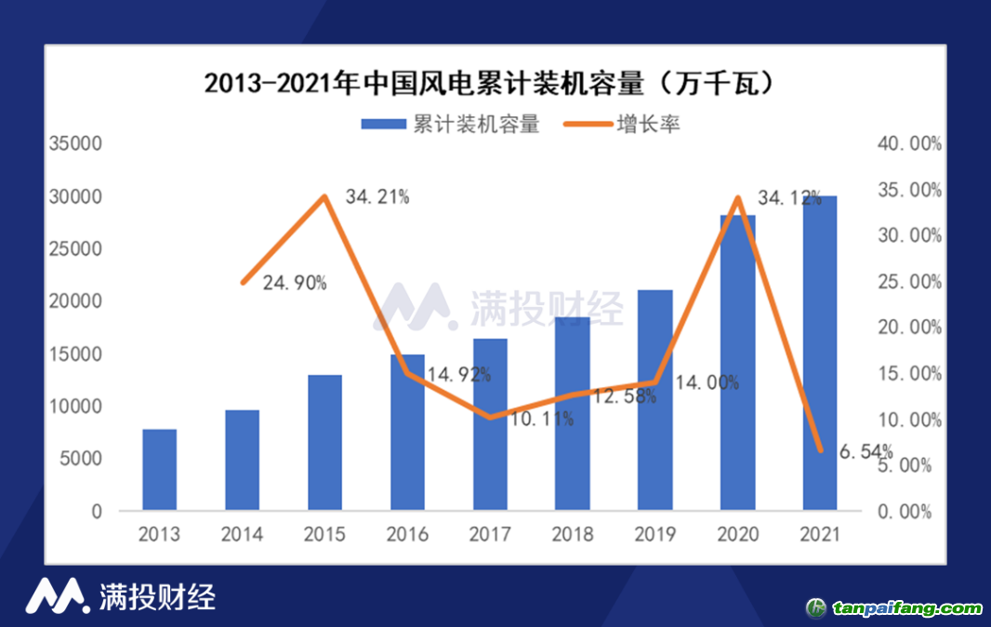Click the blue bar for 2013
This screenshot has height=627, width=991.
tap(160, 469)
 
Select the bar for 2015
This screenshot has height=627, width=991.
tap(324, 442)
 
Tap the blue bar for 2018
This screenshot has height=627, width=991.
tap(572, 413)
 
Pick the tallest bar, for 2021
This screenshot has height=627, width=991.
tap(819, 353)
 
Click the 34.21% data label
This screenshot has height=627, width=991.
tap(377, 197)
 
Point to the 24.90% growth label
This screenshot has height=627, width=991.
tap(295, 284)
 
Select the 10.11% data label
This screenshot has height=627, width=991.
tap(542, 420)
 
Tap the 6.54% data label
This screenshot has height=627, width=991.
tap(865, 452)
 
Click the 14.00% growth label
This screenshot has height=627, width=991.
tap(707, 382)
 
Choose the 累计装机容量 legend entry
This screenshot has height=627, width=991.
tap(450, 124)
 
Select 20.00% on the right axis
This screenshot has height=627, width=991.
tap(909, 327)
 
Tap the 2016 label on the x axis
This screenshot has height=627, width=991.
tap(407, 535)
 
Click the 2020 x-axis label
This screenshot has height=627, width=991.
tap(736, 535)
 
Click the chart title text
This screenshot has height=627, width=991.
tap(489, 84)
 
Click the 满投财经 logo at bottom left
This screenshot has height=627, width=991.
tap(121, 596)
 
